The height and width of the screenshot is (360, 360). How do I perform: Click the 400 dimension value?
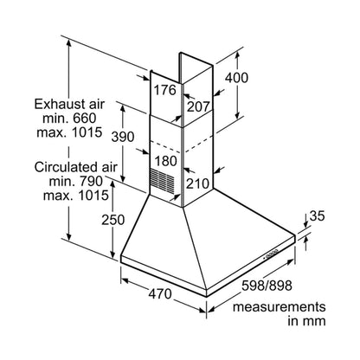pos(236,78)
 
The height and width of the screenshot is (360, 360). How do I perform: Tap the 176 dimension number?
pos(164,90)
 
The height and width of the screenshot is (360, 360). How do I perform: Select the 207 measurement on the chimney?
pos(198,107)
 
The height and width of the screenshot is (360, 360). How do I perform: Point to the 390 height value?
pos(123,137)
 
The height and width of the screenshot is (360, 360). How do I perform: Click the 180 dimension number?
pos(166,161)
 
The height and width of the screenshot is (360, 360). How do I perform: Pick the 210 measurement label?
pos(197,183)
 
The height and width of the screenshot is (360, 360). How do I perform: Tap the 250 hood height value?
pos(113,220)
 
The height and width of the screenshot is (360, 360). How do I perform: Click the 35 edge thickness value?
pos(318,215)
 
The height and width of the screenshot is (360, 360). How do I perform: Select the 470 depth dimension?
pos(160,294)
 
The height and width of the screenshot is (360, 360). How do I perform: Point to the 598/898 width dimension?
pos(267,286)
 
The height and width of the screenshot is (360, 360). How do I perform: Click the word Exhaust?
pos(56,104)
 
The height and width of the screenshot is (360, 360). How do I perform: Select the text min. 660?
pos(69,119)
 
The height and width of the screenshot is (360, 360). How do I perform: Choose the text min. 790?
pos(76,181)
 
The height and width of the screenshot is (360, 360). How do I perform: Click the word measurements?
pos(280,307)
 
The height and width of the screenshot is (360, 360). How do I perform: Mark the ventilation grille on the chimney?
pos(162,180)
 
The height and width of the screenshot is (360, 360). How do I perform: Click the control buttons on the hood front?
pos(271,254)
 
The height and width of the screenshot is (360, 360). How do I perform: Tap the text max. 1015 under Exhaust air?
pos(69,132)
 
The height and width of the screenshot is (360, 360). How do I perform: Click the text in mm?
pos(306,321)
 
